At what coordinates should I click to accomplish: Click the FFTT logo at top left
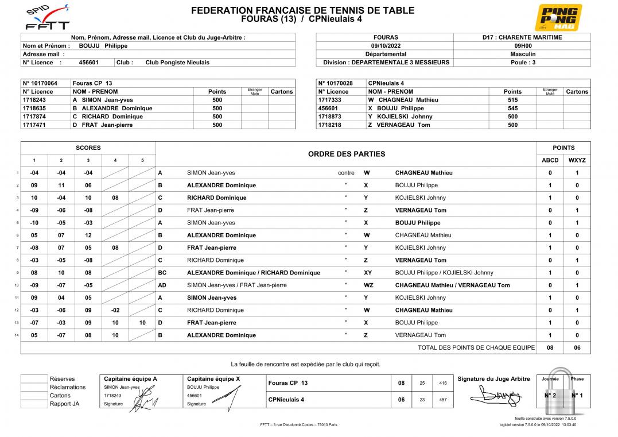coord(48,18)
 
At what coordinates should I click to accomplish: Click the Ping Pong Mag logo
coord(558,17)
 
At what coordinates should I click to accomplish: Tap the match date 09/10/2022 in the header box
coord(385,46)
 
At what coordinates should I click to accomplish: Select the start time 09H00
coord(522,46)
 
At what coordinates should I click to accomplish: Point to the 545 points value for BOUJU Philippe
coord(512,109)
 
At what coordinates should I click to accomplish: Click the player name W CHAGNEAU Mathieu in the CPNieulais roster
coord(403,100)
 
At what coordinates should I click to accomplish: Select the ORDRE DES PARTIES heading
coord(347,154)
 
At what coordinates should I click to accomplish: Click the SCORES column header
coord(88,148)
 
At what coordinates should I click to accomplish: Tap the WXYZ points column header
coord(577,160)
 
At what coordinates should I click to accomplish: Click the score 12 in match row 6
coord(88,235)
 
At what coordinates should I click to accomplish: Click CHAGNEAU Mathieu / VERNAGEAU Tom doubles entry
coord(452,285)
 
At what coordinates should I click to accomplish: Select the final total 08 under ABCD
coord(550,347)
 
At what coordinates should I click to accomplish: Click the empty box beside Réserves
coord(34,379)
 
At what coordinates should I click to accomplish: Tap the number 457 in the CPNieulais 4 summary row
coord(442,400)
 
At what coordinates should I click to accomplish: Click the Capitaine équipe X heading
coord(213,379)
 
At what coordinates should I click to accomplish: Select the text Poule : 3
coord(523,63)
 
